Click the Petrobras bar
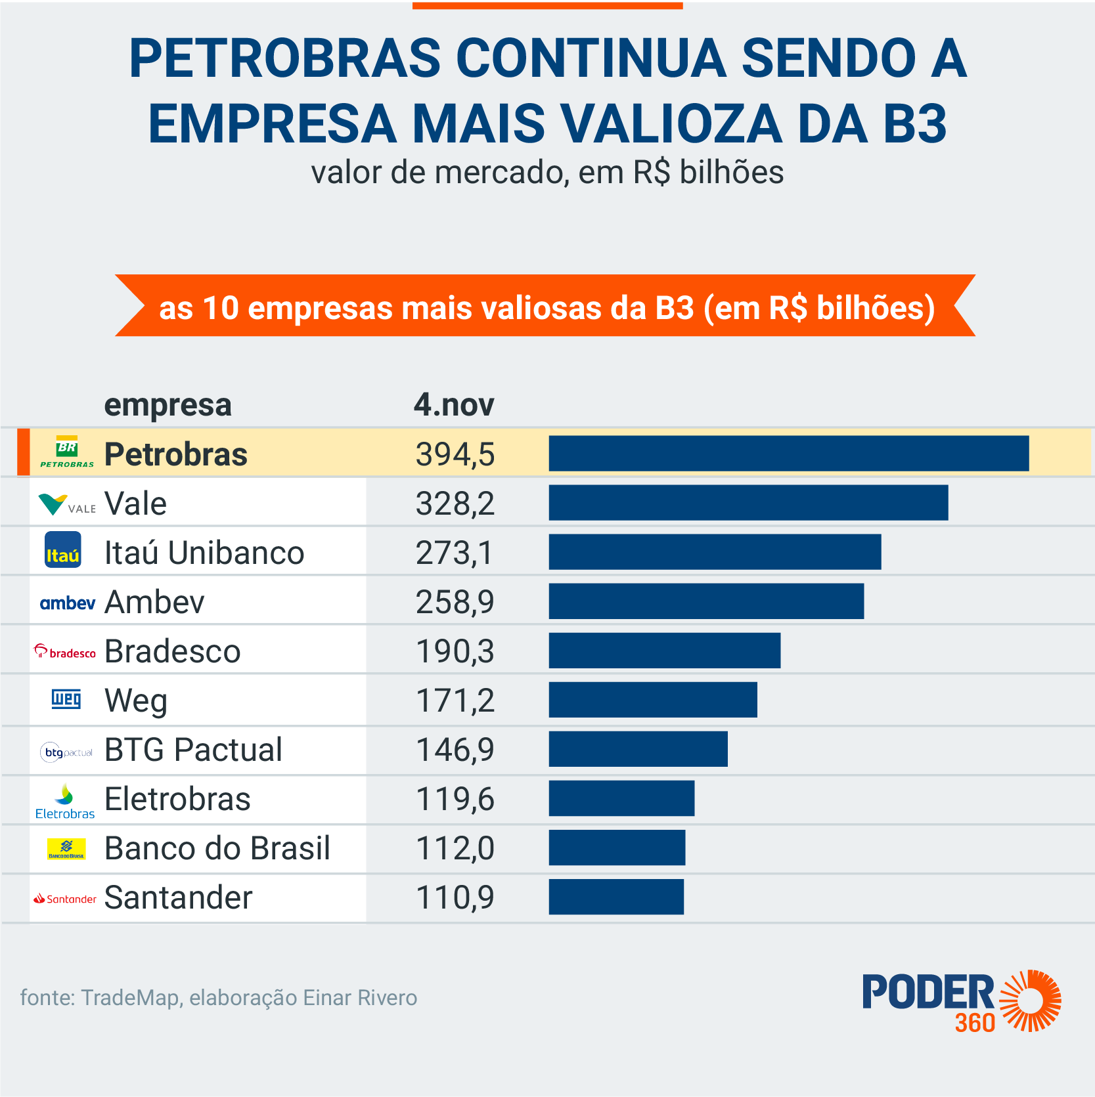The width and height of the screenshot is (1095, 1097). (788, 453)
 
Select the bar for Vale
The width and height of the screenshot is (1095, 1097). (748, 503)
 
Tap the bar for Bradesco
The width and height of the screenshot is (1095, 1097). (664, 651)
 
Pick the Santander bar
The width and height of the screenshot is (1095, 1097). (616, 897)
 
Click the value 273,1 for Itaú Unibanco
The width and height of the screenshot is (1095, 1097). (455, 553)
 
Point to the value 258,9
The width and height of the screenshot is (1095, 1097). (455, 602)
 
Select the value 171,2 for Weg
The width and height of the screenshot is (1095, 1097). (455, 700)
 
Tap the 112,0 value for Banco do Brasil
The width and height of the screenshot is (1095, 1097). (455, 848)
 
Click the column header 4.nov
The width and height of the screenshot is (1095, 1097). (453, 404)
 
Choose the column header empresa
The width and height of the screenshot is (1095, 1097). (168, 405)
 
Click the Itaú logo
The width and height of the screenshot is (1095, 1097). (63, 550)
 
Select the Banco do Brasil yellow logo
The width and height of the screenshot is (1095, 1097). (66, 848)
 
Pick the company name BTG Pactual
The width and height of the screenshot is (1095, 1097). (193, 750)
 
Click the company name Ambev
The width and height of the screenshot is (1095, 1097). (154, 602)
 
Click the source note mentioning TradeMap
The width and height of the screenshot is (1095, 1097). (218, 998)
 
